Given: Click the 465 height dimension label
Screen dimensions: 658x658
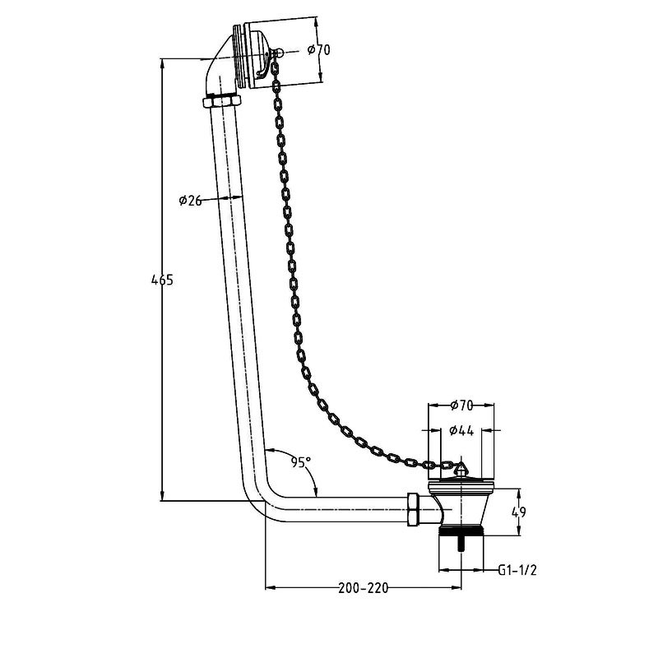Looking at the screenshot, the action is point(162,280).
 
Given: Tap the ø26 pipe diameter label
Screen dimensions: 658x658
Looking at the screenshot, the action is point(191,201).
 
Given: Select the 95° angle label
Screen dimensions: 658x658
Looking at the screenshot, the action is point(301,462).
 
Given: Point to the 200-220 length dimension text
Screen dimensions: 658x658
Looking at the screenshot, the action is point(364,588).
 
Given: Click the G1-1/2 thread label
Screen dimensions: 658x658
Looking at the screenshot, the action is point(517,570).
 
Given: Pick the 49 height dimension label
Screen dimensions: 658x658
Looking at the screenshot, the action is point(519,512).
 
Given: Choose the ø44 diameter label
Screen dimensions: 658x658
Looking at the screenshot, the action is point(461,430).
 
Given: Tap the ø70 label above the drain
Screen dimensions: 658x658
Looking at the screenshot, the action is point(461,405).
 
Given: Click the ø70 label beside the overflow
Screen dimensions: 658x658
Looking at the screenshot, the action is point(319,50).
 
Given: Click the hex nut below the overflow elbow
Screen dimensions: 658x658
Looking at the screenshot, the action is point(221,101).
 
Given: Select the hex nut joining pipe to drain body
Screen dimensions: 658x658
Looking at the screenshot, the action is point(414,509).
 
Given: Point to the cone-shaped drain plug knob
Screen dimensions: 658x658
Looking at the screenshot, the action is point(461,468).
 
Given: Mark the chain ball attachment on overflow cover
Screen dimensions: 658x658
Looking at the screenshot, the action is point(279,53).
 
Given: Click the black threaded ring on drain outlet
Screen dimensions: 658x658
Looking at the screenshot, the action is point(461,531).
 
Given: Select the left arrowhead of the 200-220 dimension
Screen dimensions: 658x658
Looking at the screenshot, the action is point(271,587).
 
